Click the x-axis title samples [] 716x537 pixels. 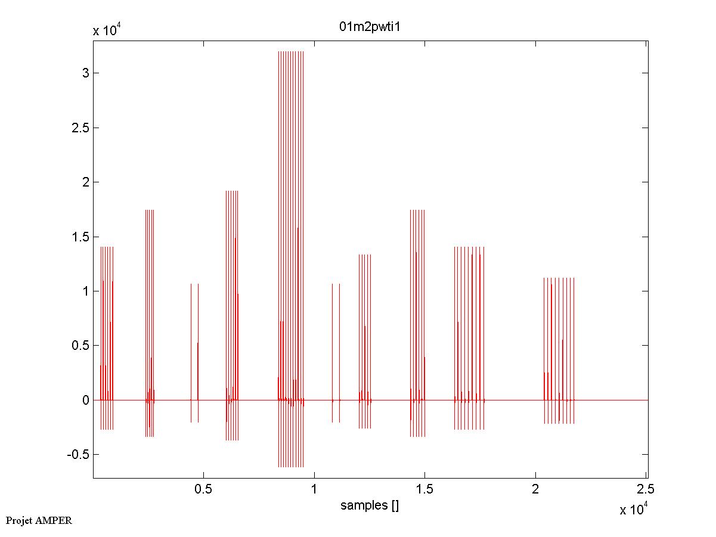(x=370, y=505)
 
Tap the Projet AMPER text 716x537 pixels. (x=39, y=520)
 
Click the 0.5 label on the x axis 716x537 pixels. (x=203, y=490)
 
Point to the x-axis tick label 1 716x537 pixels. (x=314, y=490)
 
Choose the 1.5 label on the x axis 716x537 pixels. (x=424, y=490)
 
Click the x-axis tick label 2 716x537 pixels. (x=535, y=490)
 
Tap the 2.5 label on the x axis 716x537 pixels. (x=646, y=490)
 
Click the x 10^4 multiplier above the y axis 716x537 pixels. (x=108, y=30)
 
